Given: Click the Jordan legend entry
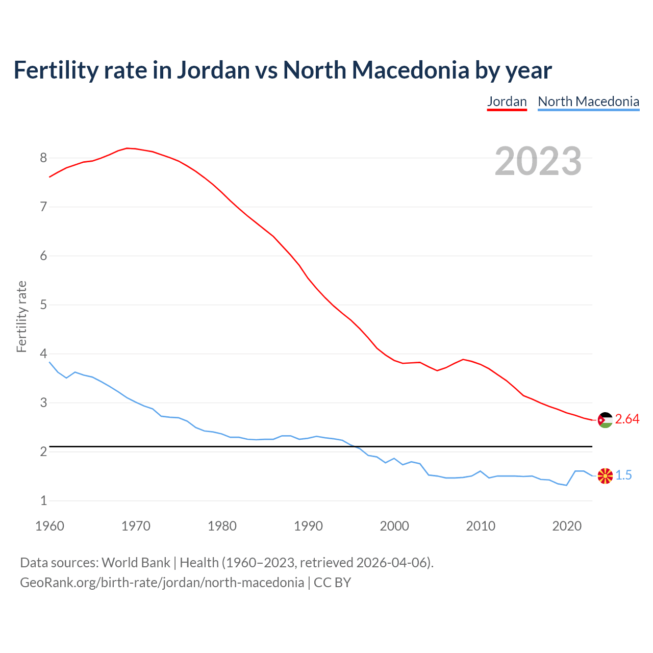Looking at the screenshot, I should (x=507, y=102).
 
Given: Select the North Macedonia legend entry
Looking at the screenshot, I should (x=588, y=102).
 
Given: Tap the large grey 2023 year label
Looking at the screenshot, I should (x=538, y=161).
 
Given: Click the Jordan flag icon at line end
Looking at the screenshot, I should (x=605, y=420).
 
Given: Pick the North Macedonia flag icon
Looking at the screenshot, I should (x=605, y=476).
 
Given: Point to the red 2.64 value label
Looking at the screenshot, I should (x=627, y=419).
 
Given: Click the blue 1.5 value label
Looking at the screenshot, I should (x=623, y=475).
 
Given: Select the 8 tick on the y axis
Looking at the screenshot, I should (x=43, y=158).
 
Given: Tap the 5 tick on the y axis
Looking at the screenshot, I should (x=43, y=305).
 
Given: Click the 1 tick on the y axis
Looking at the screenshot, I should (x=43, y=501).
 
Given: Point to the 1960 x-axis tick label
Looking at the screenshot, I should (x=49, y=526).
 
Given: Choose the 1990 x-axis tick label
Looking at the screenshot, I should (x=308, y=526).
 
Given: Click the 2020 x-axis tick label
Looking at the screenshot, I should (x=567, y=526).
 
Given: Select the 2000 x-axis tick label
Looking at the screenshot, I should (x=394, y=526).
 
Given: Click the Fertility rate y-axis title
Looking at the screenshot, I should (x=21, y=316).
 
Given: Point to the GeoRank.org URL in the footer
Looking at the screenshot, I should (x=162, y=583).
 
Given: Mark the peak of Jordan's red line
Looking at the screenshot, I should (x=128, y=148).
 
